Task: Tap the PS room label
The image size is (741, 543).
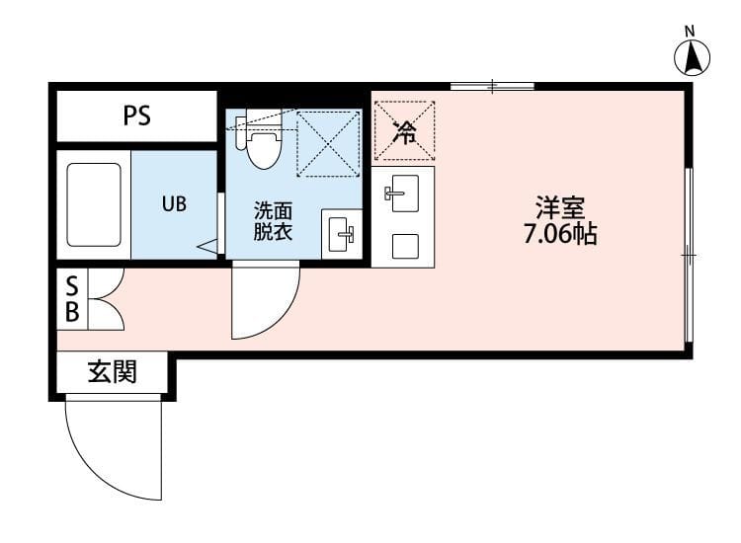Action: pos(136,116)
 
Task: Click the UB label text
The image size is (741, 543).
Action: pos(174,204)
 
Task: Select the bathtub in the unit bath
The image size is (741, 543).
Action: pos(94,204)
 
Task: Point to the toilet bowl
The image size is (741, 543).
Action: pos(263,148)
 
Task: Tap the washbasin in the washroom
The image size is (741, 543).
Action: pos(342,234)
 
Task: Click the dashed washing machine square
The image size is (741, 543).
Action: pos(328,143)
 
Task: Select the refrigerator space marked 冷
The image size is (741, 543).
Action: pos(404,129)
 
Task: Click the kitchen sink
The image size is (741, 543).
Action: pos(403,192)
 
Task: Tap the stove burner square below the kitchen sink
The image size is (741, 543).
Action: pos(403,245)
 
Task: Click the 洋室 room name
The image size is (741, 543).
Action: pos(560,208)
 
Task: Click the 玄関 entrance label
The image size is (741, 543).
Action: pos(112,372)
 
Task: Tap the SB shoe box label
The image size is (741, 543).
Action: pos(71,299)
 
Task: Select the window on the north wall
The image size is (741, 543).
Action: pos(492,87)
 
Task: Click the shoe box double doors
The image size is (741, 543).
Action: pos(105,299)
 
